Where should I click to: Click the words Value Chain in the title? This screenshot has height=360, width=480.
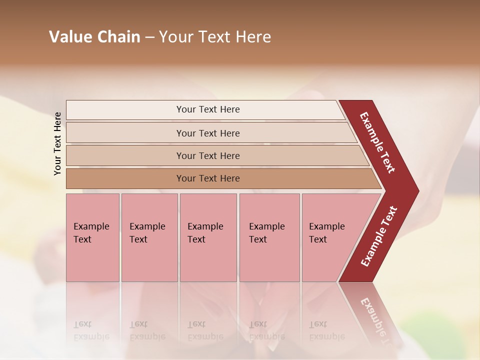coord(94,37)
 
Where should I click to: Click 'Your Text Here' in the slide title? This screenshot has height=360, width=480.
coord(215,37)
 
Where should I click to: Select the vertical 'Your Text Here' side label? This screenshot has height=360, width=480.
coord(57,143)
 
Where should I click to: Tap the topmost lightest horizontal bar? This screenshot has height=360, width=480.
coord(205,109)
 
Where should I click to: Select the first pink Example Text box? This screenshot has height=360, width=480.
coord(92,237)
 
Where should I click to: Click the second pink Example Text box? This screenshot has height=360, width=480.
coord(149,237)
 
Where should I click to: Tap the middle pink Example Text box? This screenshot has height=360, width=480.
coord(208,237)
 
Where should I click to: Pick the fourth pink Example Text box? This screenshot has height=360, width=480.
coord(269,237)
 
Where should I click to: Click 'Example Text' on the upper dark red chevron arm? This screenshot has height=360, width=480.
coord(377,142)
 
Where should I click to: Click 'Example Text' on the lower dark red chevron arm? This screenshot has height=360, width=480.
coord(378,236)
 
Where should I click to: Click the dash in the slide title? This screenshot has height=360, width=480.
coord(149,37)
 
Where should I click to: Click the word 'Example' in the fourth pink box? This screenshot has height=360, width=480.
coord(267,226)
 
